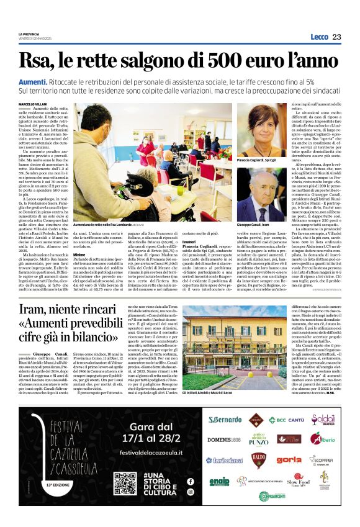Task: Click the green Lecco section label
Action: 319,37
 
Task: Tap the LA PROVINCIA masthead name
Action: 29,34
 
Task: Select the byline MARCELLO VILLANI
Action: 34,103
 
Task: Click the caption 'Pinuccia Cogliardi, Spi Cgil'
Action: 257,160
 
